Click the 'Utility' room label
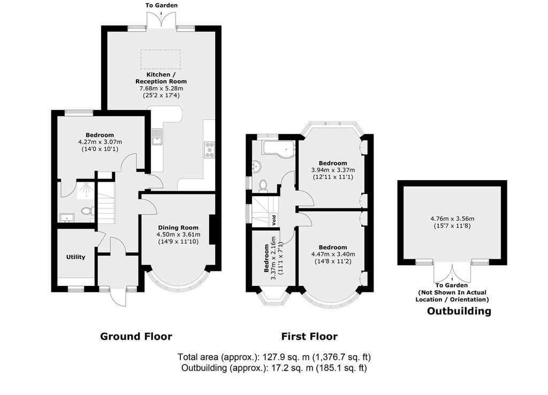pyautogui.click(x=76, y=257)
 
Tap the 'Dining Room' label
pyautogui.click(x=178, y=228)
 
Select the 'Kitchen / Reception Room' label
pyautogui.click(x=161, y=78)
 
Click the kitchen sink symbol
pyautogui.click(x=157, y=136)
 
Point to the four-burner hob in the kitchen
pyautogui.click(x=210, y=150)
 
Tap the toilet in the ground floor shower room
pyautogui.click(x=87, y=211)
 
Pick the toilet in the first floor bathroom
pyautogui.click(x=263, y=185)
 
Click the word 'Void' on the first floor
pyautogui.click(x=274, y=220)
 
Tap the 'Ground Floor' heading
pyautogui.click(x=136, y=336)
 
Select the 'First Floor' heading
pyautogui.click(x=309, y=336)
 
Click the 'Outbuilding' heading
pyautogui.click(x=459, y=311)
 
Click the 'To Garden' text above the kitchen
pyautogui.click(x=162, y=5)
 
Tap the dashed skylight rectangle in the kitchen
pyautogui.click(x=161, y=60)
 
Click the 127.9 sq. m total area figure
pyautogui.click(x=287, y=357)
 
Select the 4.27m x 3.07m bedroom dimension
pyautogui.click(x=100, y=142)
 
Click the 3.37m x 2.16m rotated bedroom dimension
pyautogui.click(x=273, y=258)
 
